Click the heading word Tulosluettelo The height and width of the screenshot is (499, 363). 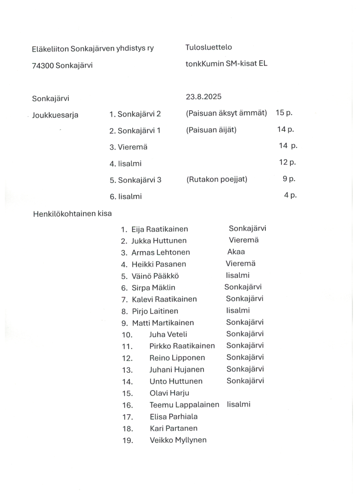click(x=209, y=47)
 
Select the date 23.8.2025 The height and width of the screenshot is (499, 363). click(x=203, y=97)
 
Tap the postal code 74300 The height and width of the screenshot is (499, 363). click(x=43, y=65)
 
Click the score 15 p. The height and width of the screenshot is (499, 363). click(x=284, y=113)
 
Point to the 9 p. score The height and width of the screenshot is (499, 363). click(x=289, y=179)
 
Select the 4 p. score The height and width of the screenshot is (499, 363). click(x=290, y=196)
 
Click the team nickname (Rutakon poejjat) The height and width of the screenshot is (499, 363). click(x=216, y=180)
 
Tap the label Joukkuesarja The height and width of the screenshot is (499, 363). click(x=55, y=115)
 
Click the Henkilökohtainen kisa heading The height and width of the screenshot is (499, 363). click(x=72, y=213)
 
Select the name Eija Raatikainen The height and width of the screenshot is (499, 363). click(x=160, y=229)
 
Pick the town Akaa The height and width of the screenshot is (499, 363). click(x=236, y=252)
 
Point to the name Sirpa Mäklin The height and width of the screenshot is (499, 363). click(x=153, y=288)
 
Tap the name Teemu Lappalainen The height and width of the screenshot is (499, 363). click(x=184, y=405)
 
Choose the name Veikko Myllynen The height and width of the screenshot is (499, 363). click(x=178, y=440)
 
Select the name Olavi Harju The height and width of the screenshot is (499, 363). click(x=169, y=393)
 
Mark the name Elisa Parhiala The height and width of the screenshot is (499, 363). click(x=174, y=416)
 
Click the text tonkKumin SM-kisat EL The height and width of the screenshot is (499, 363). click(x=227, y=63)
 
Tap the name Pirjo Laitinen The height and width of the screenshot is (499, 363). click(x=155, y=311)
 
